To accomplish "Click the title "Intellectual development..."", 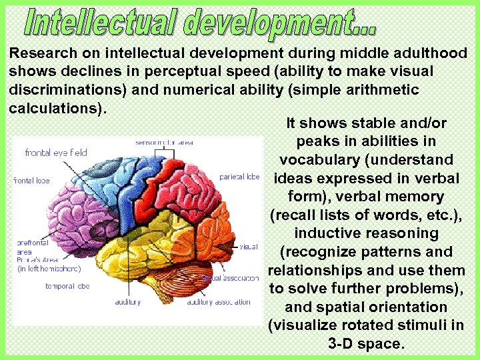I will pos(200,24).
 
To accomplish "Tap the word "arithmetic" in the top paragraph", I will pos(386,89).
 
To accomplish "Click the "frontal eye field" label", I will pos(56,153).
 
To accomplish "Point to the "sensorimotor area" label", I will pos(164,142).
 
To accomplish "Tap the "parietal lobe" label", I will pos(239,177).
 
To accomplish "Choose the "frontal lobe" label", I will pos(31,180).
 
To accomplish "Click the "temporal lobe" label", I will pos(67,286).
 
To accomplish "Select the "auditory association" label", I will pos(219,302).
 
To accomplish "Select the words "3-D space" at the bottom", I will pos(366,344).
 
